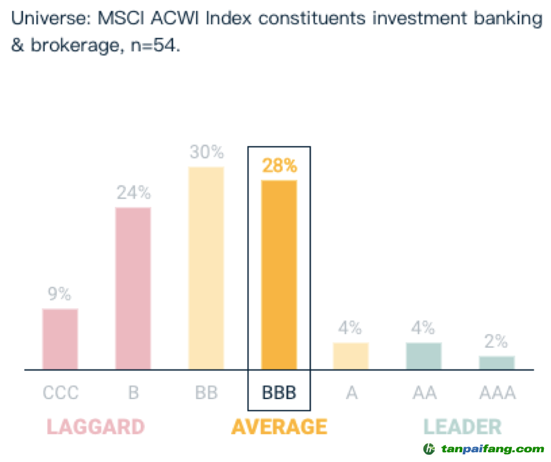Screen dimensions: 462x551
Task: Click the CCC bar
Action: pyautogui.click(x=60, y=339)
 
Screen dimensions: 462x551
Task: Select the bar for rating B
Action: pyautogui.click(x=133, y=288)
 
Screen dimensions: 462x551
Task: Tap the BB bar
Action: pyautogui.click(x=206, y=268)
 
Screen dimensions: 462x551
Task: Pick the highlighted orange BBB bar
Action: pyautogui.click(x=279, y=274)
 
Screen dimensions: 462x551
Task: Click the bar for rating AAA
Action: pyautogui.click(x=497, y=363)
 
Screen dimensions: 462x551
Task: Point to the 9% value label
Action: pyautogui.click(x=59, y=294)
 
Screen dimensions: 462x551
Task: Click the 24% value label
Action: pyautogui.click(x=134, y=193)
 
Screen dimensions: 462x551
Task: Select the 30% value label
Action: pyautogui.click(x=206, y=152)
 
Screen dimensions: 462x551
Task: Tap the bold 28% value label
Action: pyautogui.click(x=279, y=165)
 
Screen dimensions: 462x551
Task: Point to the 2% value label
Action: pyautogui.click(x=497, y=342)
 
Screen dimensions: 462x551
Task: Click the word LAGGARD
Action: pyautogui.click(x=95, y=427)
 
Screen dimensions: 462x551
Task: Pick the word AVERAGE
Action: pyautogui.click(x=279, y=427)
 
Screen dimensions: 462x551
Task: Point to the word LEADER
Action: pyautogui.click(x=462, y=427)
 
